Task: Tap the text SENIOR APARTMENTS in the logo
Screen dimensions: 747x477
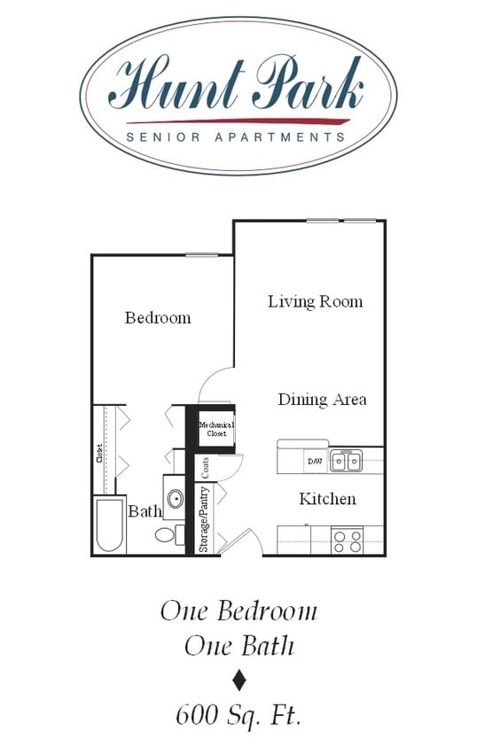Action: click(x=236, y=137)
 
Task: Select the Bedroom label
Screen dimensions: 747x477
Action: click(x=158, y=318)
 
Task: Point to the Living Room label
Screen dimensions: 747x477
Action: click(x=315, y=302)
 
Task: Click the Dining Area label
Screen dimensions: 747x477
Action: click(x=322, y=400)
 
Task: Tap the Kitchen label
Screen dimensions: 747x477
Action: click(x=327, y=499)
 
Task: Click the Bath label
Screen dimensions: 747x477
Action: click(x=145, y=511)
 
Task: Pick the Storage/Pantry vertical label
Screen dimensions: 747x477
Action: click(x=204, y=519)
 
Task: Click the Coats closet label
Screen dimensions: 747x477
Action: click(x=205, y=467)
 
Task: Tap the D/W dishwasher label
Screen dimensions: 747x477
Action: click(x=315, y=462)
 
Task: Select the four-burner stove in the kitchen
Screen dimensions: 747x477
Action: click(x=347, y=540)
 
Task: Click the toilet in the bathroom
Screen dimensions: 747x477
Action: click(x=167, y=534)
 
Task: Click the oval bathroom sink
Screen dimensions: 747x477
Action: click(x=175, y=499)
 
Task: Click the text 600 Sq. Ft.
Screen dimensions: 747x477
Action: click(x=238, y=714)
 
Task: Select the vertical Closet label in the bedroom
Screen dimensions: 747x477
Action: click(x=99, y=453)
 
